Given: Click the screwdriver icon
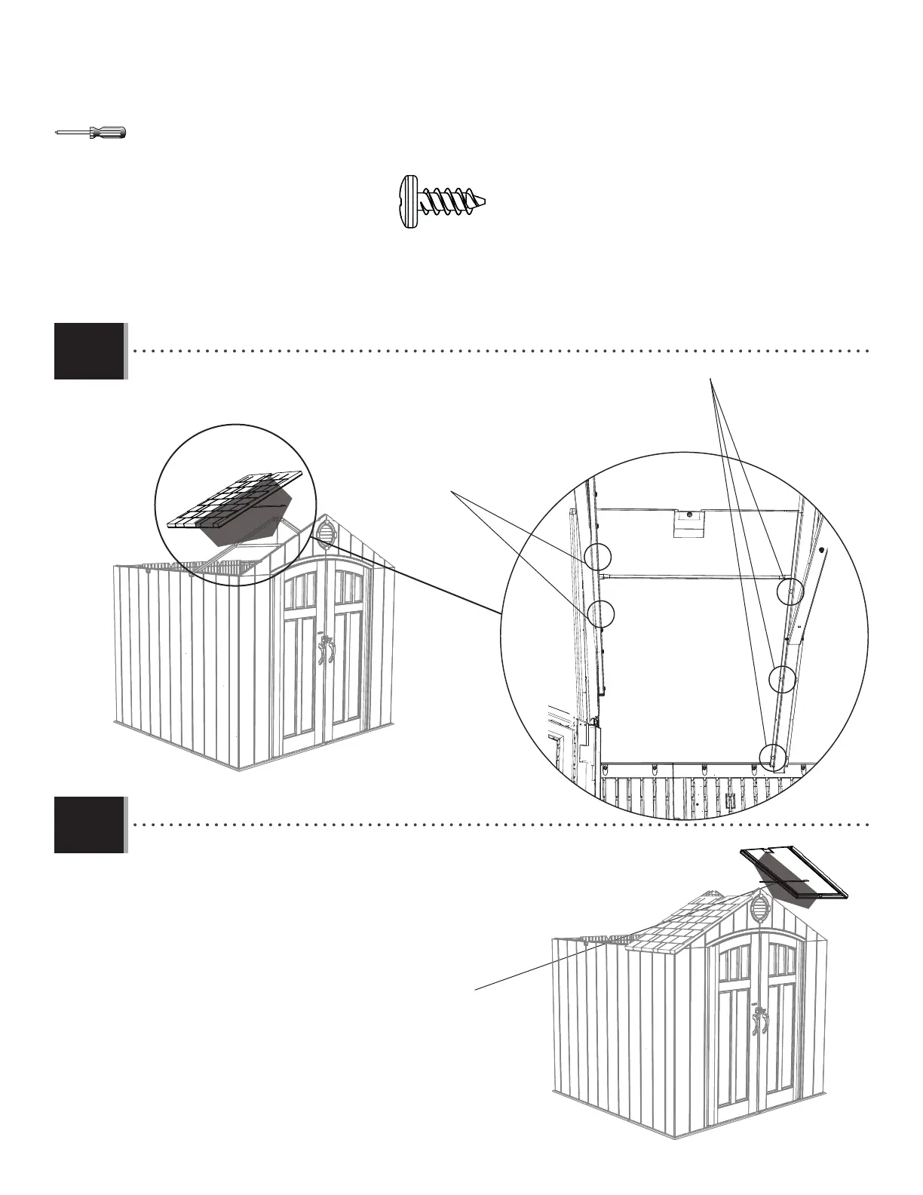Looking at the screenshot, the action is pyautogui.click(x=91, y=133).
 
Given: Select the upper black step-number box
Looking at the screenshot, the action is pyautogui.click(x=89, y=351).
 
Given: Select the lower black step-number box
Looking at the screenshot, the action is pyautogui.click(x=89, y=825).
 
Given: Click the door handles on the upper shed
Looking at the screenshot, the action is pyautogui.click(x=326, y=650).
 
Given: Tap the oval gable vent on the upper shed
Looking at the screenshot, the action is pyautogui.click(x=326, y=533).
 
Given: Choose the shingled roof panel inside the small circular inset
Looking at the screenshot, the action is pyautogui.click(x=234, y=502).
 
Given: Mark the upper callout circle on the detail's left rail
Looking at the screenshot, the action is pyautogui.click(x=596, y=557).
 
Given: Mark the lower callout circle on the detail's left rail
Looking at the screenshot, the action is pyautogui.click(x=600, y=613).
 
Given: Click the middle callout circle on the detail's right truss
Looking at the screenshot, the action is pyautogui.click(x=782, y=679).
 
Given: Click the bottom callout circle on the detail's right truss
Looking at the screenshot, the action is pyautogui.click(x=774, y=756).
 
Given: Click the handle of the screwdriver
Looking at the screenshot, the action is pyautogui.click(x=109, y=133).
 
